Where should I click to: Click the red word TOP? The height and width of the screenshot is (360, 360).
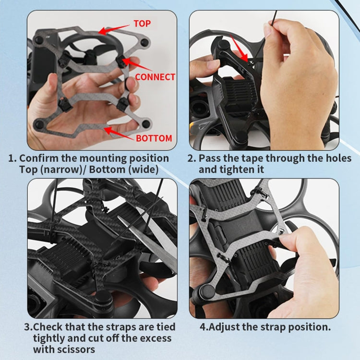142,24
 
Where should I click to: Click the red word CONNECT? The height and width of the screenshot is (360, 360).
155,77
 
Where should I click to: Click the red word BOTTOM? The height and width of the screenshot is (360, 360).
154,138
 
